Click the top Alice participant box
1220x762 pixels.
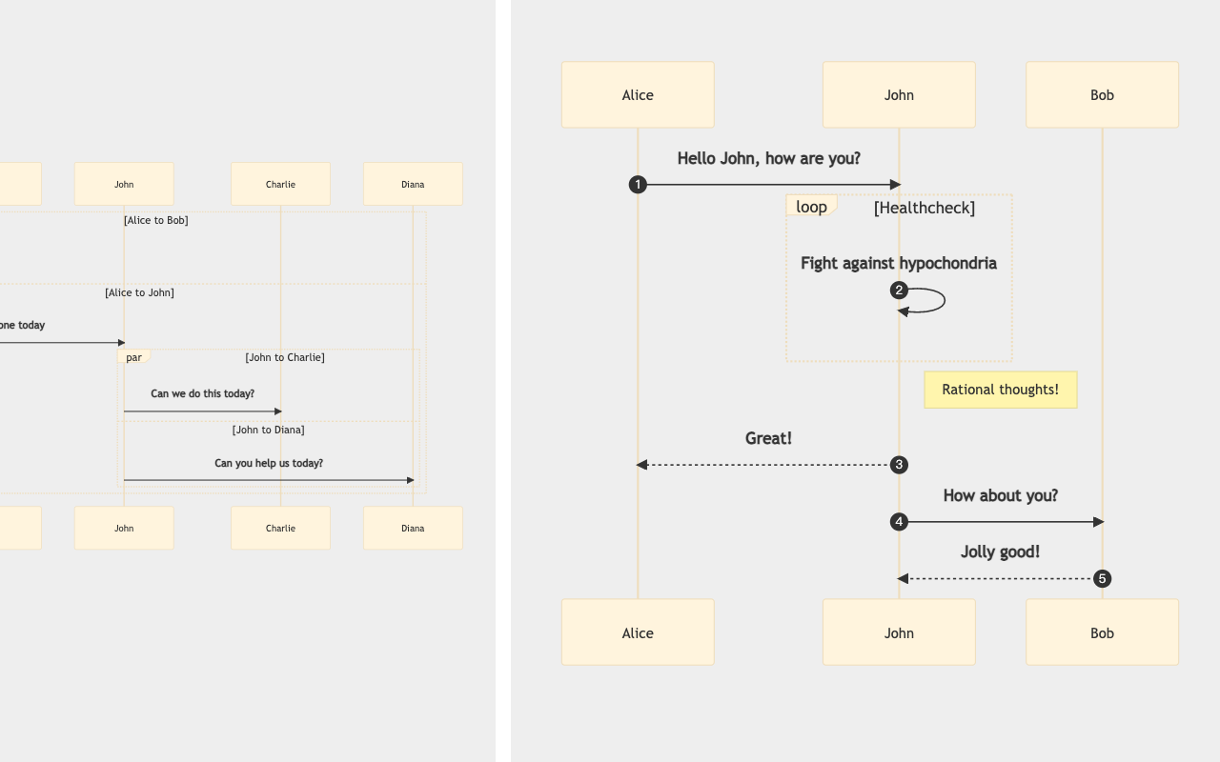coord(638,95)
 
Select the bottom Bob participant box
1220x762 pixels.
coord(1102,632)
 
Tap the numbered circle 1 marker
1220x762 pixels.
coord(638,185)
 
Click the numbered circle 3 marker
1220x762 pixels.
coord(899,465)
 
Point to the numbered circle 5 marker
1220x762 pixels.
coord(1102,578)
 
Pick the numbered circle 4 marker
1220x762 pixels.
coord(899,522)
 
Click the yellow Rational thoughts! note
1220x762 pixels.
coord(1000,390)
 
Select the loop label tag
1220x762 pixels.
coord(811,207)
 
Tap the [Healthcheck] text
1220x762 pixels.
coord(924,208)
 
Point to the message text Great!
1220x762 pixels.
coord(768,438)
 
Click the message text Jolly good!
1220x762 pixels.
coord(1000,551)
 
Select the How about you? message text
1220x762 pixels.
coord(1000,495)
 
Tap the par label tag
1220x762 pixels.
coord(133,357)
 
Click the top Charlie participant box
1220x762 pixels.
coord(280,184)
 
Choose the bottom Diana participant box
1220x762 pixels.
coord(413,528)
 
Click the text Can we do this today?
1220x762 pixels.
coord(202,393)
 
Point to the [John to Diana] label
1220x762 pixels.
coord(268,430)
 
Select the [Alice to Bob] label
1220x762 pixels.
coord(155,220)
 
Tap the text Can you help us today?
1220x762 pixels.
coord(268,463)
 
